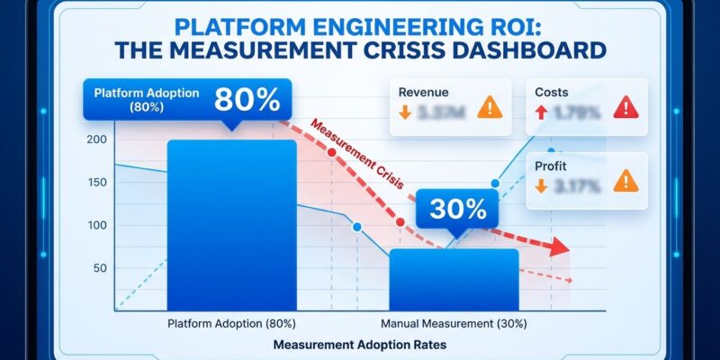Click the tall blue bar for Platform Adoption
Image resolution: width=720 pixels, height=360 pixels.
231,225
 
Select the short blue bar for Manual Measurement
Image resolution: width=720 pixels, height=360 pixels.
454,279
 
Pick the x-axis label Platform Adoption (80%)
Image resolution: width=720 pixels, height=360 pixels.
231,322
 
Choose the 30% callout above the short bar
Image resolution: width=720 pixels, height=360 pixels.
457,210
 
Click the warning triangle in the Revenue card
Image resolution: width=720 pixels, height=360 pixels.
490,109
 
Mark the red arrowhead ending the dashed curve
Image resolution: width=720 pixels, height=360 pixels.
560,247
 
